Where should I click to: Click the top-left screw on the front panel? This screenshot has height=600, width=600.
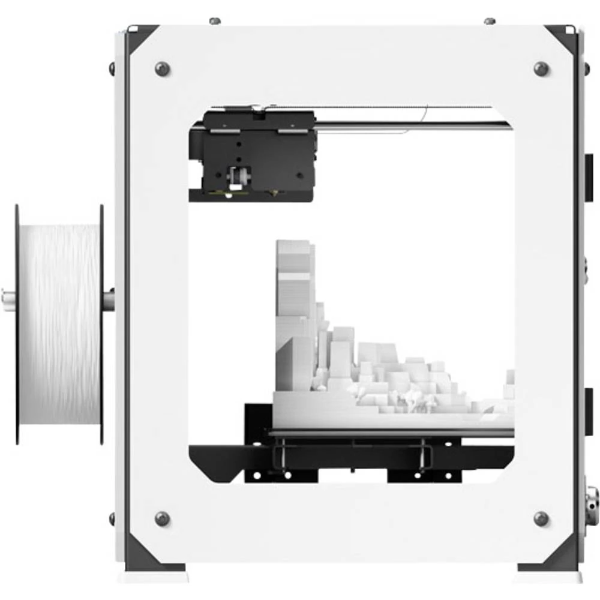162,68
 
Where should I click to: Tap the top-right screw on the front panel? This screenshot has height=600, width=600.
541,68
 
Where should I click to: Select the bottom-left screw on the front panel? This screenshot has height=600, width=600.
162,518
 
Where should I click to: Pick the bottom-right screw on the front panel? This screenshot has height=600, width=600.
541,518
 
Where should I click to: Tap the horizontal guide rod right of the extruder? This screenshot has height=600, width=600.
414,125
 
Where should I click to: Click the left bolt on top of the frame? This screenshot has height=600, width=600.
215,21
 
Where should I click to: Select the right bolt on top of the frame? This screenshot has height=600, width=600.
489,21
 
